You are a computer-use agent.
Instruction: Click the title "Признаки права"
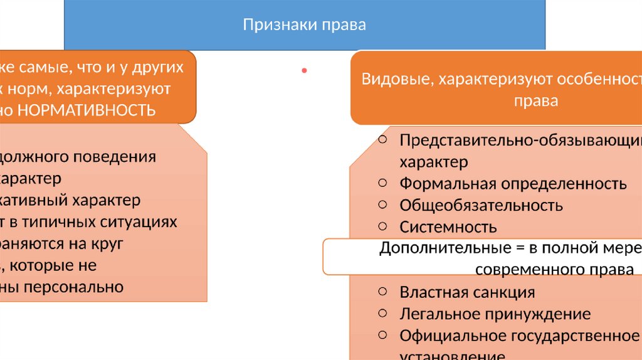click(304, 25)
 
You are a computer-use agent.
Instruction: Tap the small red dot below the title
click(304, 71)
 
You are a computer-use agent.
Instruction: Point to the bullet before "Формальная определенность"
click(382, 183)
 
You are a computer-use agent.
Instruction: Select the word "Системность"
click(448, 226)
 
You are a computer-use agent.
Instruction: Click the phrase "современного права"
click(554, 270)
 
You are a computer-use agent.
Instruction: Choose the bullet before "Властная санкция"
click(382, 291)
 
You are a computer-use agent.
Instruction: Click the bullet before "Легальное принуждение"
click(382, 312)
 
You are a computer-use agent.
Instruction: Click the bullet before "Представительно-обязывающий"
click(382, 139)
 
